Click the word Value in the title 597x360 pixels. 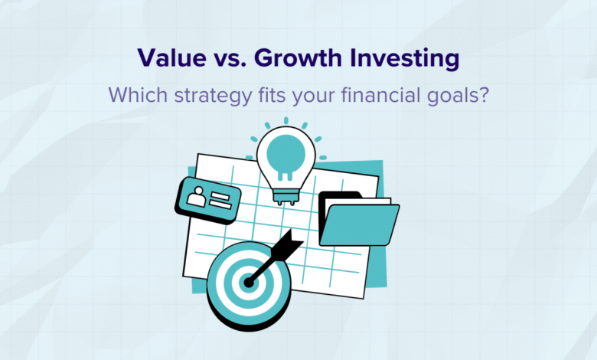click(171, 58)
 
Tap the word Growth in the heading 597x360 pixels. click(298, 58)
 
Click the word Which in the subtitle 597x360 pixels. click(138, 95)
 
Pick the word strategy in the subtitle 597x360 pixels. click(214, 97)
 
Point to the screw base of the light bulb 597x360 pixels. click(286, 196)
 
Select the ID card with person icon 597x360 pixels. click(208, 200)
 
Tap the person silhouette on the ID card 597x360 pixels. click(197, 196)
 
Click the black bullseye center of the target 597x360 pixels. click(249, 283)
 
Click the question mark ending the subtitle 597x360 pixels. click(484, 95)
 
